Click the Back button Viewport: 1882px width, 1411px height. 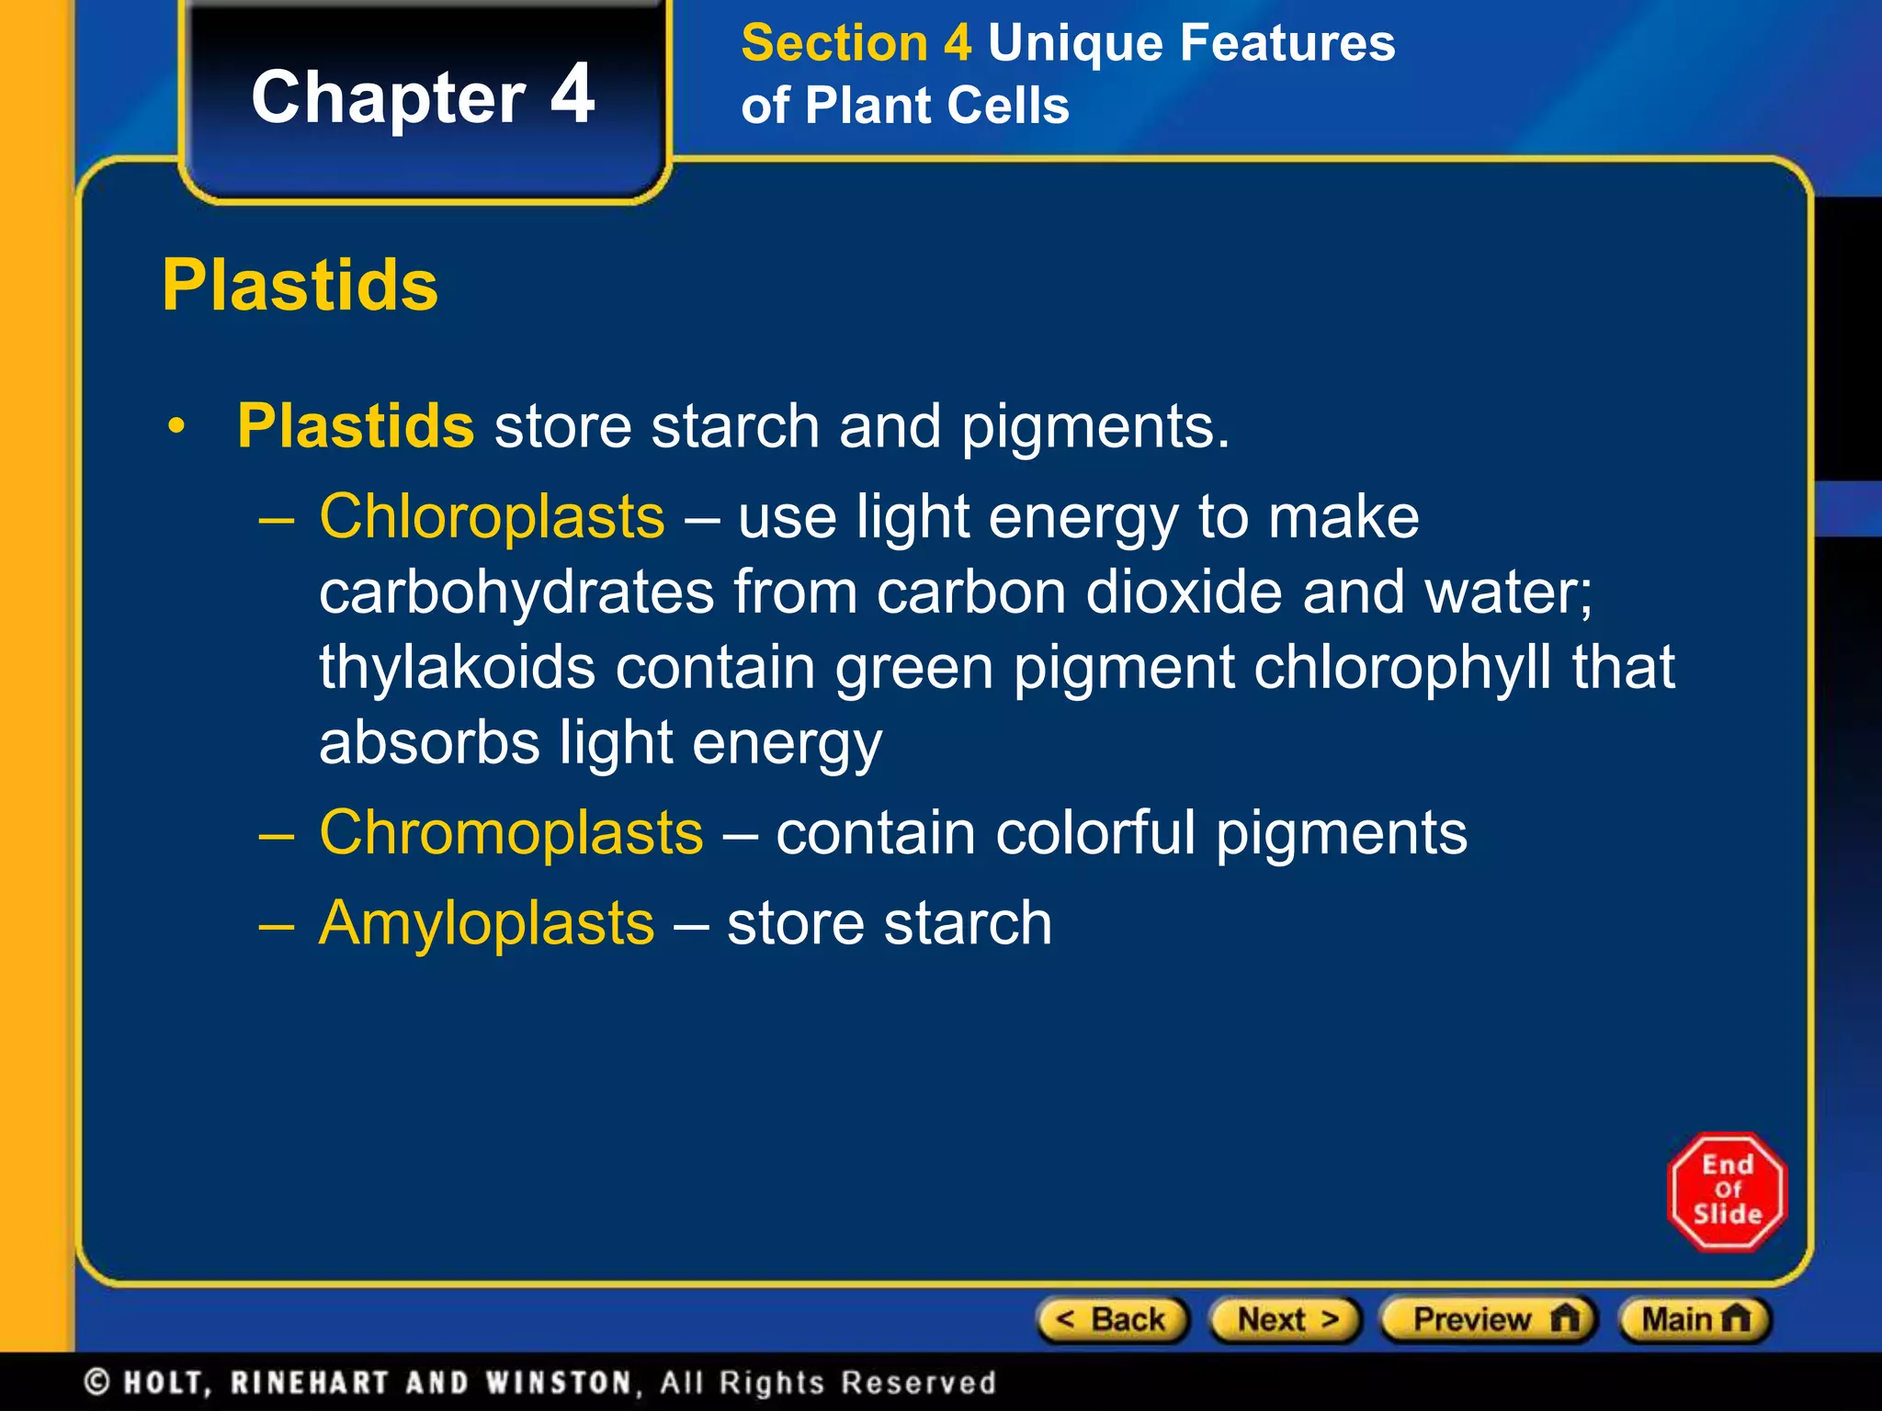1112,1320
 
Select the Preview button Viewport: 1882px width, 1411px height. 1489,1320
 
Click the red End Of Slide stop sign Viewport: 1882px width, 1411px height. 1727,1191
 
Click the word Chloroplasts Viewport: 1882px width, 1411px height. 492,517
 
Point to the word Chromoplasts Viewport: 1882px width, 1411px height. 511,833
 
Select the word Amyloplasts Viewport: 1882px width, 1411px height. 486,923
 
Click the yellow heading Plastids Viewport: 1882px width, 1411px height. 300,286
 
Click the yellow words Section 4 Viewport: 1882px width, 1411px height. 856,43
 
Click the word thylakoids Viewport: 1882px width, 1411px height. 457,668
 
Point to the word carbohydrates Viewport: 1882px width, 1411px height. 516,593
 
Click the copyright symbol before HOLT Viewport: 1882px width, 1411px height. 97,1382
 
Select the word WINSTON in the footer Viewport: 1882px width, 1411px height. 559,1383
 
